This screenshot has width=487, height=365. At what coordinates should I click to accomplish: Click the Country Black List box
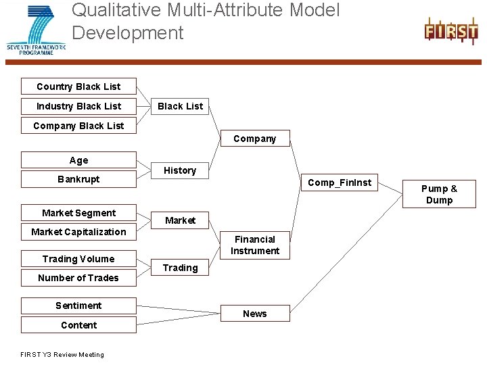point(78,87)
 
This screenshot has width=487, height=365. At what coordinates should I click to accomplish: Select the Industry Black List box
point(78,106)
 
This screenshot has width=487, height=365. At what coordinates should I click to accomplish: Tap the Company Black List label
point(78,126)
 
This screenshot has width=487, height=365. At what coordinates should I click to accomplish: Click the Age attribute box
point(78,160)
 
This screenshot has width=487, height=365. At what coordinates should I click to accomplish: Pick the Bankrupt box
point(78,179)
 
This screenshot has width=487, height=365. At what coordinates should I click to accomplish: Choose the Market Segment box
point(78,213)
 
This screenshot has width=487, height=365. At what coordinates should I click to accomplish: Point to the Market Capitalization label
point(78,232)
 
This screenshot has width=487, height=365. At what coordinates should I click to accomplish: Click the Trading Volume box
point(78,259)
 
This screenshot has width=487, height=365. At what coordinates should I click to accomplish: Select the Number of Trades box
point(78,278)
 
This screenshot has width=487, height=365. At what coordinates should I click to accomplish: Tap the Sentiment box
point(78,306)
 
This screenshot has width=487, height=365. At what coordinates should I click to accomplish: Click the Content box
point(78,325)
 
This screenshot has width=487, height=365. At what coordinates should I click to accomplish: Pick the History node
point(180,170)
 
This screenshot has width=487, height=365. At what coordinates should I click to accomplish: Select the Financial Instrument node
point(255,245)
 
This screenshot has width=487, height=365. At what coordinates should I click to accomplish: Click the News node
point(255,314)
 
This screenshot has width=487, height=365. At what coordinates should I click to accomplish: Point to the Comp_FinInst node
point(340,182)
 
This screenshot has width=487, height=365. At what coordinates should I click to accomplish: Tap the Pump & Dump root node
point(439,194)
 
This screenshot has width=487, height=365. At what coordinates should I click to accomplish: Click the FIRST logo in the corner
point(450,32)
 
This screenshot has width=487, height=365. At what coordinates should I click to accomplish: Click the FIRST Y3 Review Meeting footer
point(62,355)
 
